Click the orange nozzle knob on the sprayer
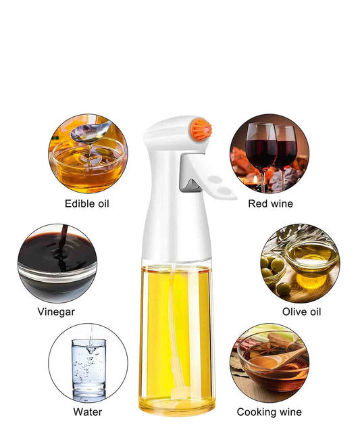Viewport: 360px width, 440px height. tap(201, 129)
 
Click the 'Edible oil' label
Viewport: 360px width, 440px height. tap(87, 203)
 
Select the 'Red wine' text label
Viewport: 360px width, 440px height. tap(270, 203)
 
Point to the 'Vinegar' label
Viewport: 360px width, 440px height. tap(56, 312)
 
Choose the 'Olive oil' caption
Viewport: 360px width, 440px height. tap(301, 312)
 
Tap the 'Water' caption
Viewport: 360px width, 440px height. tap(88, 412)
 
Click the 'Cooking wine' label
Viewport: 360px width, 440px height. tap(269, 412)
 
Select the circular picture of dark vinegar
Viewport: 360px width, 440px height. tap(57, 264)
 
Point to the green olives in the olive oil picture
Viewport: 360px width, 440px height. tap(274, 274)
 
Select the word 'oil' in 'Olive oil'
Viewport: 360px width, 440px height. tap(314, 312)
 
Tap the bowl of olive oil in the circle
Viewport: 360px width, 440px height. tap(312, 257)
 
